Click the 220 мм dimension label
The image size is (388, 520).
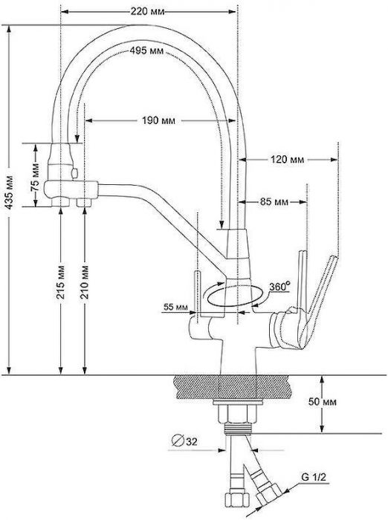[x=148, y=12]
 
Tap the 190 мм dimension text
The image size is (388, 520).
[x=158, y=120]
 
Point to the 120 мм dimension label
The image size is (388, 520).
[x=288, y=160]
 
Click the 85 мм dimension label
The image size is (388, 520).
[x=274, y=201]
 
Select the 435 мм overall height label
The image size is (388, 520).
[x=10, y=192]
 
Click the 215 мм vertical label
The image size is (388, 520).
[x=61, y=282]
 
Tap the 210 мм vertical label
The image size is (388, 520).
[x=85, y=282]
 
